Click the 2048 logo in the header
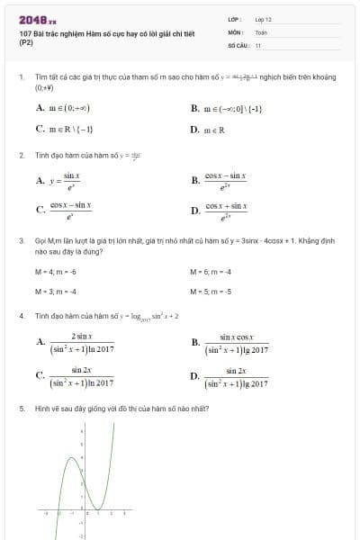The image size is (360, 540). coord(37,19)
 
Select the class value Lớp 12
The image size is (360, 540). coord(264,19)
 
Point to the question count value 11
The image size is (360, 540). coord(258,44)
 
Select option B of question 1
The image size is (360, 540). coord(226,107)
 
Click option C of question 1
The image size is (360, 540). coord(65,129)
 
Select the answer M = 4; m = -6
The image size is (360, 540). coord(56,271)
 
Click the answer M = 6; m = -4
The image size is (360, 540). coord(211,271)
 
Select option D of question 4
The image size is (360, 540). coord(234,377)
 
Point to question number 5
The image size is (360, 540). coord(21,409)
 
